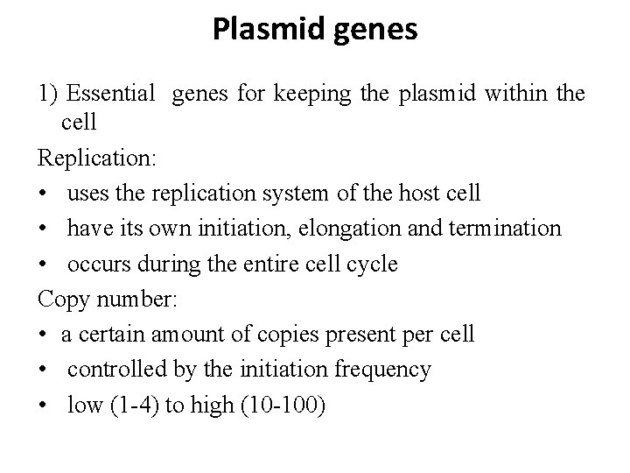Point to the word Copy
pos(60,299)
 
